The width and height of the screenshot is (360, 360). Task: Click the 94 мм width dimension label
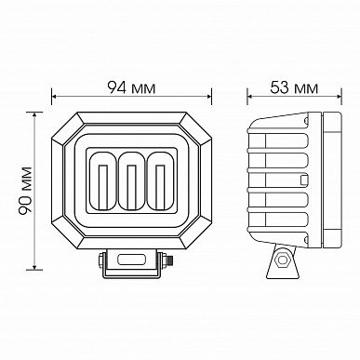131,87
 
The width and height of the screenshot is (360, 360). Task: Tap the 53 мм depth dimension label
294,87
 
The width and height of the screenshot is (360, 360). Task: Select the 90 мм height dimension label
25,191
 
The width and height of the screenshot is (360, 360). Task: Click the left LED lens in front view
102,180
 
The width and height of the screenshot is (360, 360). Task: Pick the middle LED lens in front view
132,180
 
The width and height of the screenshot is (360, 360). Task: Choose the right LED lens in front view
161,180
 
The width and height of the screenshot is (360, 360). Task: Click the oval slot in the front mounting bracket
132,260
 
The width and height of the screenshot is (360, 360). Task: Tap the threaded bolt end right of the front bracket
169,260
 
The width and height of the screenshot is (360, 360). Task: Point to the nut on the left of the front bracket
100,260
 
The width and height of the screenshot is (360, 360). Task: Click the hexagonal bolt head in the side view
283,260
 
